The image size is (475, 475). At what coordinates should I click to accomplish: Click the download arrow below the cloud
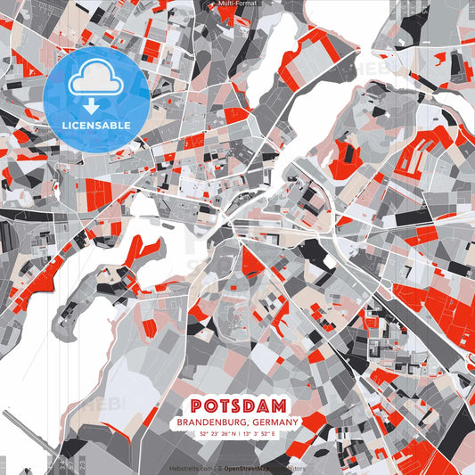coord(95,105)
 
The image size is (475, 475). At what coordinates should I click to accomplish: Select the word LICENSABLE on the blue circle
coord(95,124)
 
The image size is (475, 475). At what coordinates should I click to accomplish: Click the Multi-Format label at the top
coord(238,4)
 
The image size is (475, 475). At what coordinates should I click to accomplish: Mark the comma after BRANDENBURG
coord(250,425)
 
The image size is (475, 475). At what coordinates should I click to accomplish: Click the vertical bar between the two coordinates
coord(238,434)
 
